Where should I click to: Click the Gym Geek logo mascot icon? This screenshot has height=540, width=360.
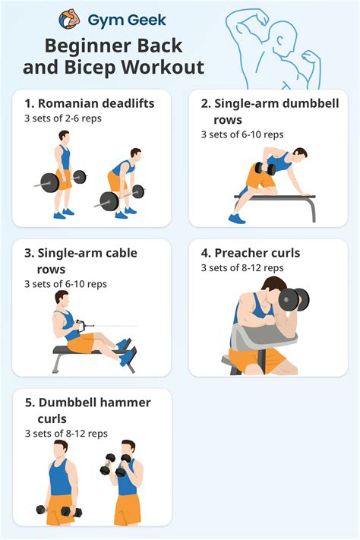[x=70, y=18]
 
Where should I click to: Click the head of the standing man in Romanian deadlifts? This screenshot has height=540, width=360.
[x=64, y=137]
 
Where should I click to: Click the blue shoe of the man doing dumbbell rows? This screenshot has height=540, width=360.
[x=237, y=218]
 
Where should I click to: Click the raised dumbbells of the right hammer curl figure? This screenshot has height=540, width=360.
[x=113, y=463]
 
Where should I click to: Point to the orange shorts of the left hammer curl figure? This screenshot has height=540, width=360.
[x=59, y=509]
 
